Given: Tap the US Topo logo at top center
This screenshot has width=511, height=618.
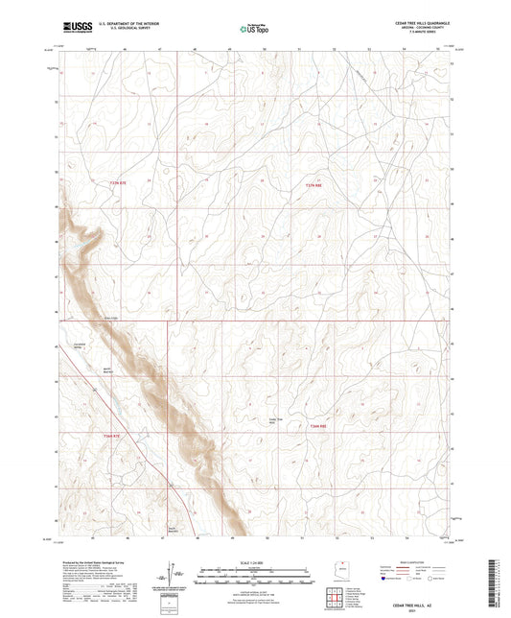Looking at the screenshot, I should (252, 30).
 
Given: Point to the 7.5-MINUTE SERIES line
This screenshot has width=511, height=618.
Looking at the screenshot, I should (437, 35).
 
